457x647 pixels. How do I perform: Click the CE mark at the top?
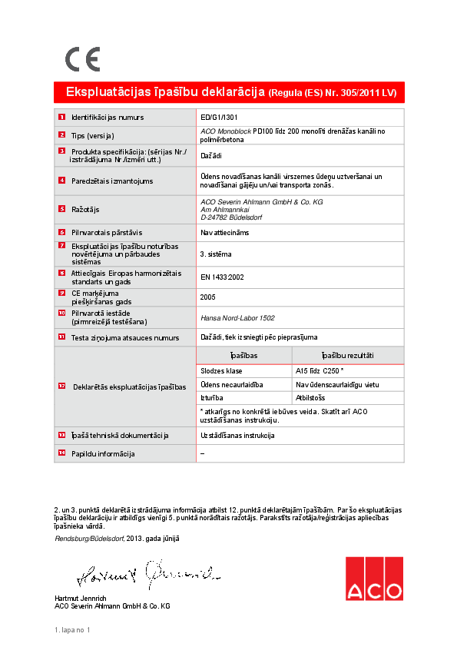point(81,59)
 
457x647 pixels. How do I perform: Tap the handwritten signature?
point(147,572)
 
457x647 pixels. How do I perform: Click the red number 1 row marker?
point(61,118)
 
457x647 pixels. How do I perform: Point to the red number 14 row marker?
point(61,453)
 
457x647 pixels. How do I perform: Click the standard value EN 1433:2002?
point(222,277)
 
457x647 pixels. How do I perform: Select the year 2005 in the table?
point(207,297)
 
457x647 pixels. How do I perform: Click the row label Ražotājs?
point(86,209)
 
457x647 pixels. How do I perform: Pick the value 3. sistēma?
point(216,254)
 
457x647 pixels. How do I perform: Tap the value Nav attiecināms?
point(224,232)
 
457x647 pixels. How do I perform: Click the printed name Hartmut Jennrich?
point(81,598)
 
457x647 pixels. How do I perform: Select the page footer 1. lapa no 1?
point(72,631)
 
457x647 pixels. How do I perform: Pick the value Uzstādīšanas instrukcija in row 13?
point(237,435)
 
